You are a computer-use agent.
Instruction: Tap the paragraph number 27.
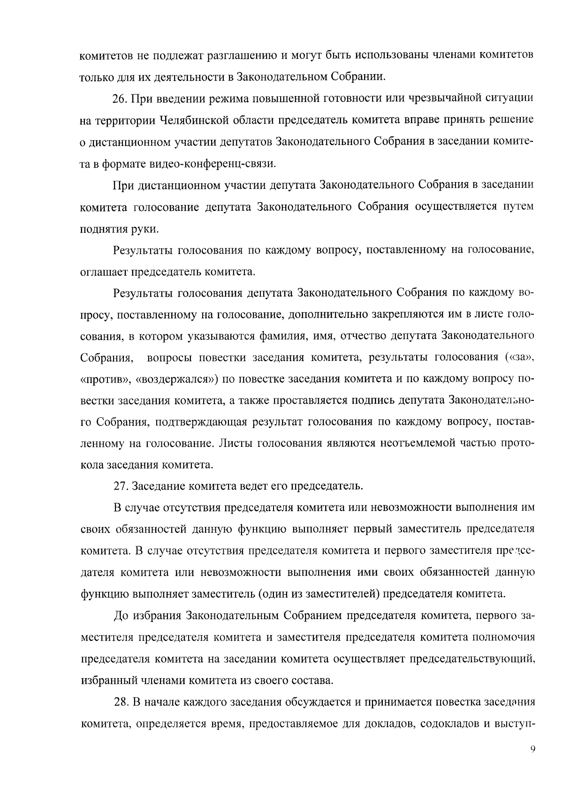coord(121,486)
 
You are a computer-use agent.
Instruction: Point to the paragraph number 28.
coord(121,702)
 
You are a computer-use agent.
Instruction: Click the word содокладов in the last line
coord(449,724)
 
